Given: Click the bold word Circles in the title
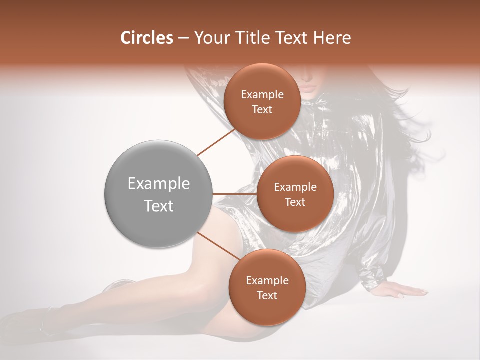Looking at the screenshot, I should (147, 38).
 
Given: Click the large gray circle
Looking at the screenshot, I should (158, 194).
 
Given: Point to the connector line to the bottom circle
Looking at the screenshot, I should (216, 246).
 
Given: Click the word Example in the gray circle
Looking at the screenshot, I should (159, 184).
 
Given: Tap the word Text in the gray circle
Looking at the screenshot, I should (159, 206).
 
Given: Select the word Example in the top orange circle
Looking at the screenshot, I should (262, 95).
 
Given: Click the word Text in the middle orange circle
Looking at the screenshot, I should (295, 202).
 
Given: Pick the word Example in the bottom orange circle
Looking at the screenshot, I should (267, 281).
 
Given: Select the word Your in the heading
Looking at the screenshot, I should (210, 38).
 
